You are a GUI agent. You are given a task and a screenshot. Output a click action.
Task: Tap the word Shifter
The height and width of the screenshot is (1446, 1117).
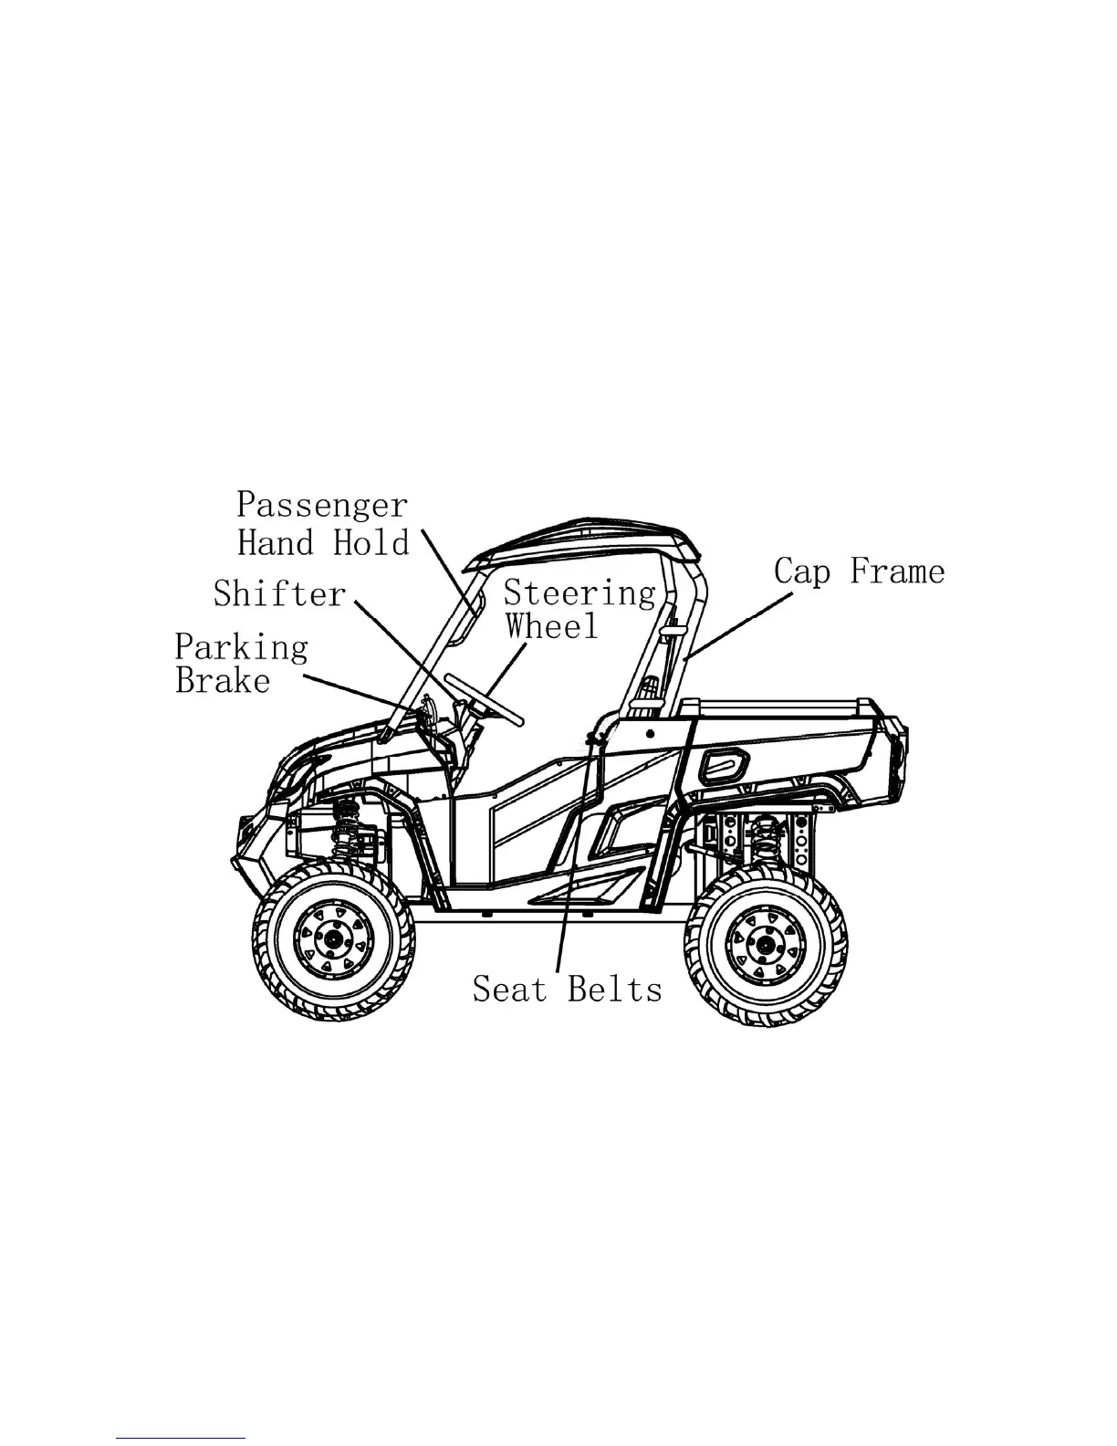[279, 594]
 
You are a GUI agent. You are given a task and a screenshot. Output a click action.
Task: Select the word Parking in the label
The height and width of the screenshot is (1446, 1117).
[241, 648]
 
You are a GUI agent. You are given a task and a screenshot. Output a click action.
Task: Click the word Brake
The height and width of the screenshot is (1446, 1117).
[223, 681]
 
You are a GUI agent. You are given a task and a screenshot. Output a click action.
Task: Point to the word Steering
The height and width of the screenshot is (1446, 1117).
[579, 594]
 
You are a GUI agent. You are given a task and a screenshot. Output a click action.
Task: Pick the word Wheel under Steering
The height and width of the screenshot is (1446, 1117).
[552, 626]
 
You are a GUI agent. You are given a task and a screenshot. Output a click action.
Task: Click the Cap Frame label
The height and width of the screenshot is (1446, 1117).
[859, 572]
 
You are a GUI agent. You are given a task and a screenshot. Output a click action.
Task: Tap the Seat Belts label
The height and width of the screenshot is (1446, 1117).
[567, 989]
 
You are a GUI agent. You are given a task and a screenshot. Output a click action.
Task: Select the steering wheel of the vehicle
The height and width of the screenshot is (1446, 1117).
[484, 698]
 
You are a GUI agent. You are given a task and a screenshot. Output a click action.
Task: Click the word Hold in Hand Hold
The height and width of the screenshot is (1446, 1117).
[371, 543]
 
